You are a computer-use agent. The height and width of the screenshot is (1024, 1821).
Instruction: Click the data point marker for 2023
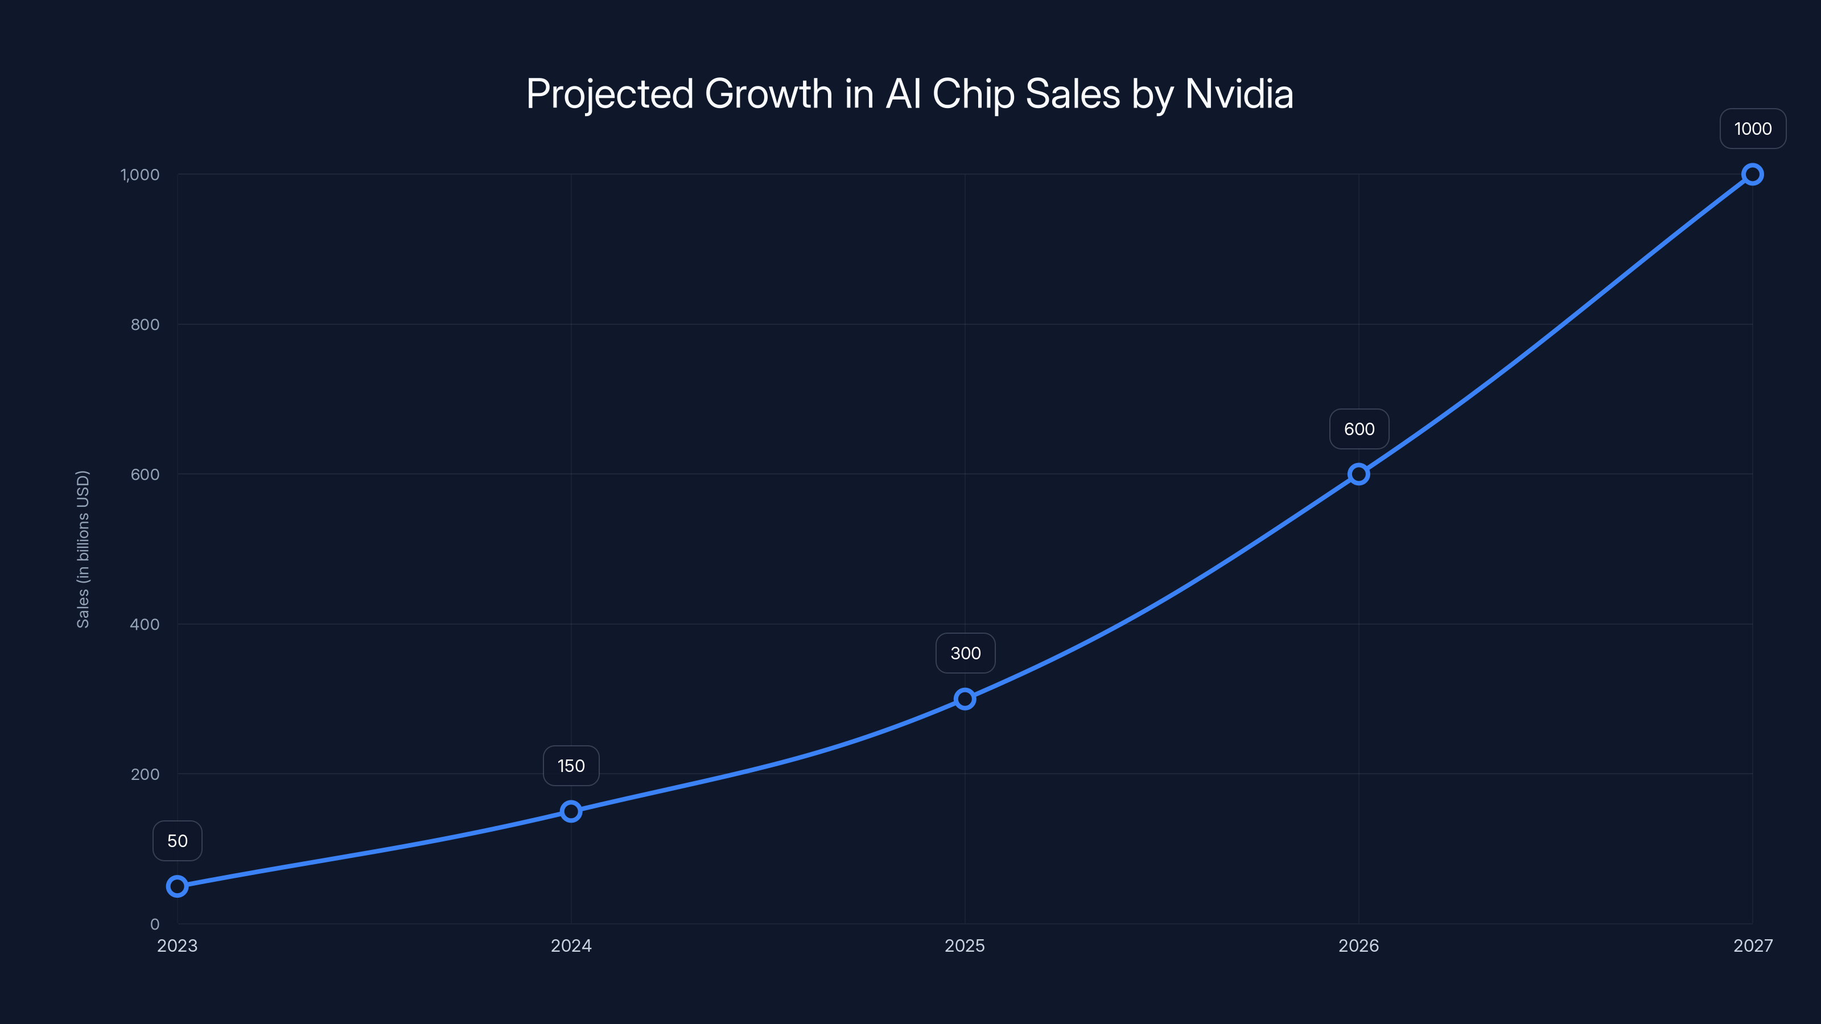177,886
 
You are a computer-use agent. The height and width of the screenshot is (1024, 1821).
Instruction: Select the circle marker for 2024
571,811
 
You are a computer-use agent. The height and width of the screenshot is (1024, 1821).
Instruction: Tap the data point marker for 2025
965,699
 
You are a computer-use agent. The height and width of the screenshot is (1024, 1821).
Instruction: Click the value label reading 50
178,841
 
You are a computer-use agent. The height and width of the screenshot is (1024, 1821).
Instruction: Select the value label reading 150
571,766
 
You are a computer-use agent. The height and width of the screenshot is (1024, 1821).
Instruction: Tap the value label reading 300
966,653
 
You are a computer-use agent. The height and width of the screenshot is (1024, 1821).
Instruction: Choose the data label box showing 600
1359,429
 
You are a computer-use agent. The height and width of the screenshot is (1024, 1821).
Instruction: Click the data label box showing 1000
1753,129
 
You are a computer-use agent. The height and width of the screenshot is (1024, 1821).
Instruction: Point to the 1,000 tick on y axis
140,175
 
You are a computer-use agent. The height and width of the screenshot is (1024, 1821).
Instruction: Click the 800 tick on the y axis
145,324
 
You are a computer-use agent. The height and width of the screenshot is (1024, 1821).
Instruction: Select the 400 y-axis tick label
145,624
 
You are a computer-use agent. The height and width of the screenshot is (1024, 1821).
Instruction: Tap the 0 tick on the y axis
155,924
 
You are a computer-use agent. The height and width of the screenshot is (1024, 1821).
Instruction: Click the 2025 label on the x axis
965,945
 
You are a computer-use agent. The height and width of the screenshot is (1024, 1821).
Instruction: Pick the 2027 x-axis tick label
1753,945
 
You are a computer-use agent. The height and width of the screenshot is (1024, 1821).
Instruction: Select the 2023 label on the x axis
177,945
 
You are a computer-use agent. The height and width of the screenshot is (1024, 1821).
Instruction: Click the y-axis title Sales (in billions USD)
83,549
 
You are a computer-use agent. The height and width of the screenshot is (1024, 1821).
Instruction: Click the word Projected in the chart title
609,94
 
